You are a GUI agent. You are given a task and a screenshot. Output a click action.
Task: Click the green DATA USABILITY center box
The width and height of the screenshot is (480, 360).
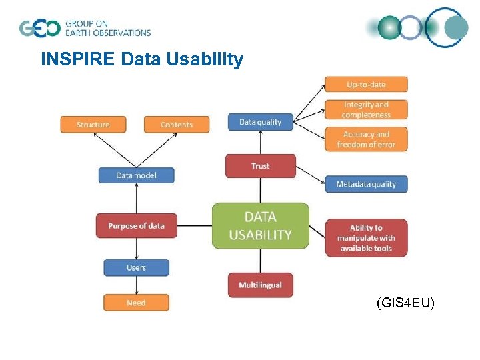coord(260,226)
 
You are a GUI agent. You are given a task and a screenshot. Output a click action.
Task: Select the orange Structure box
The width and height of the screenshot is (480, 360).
coord(93,124)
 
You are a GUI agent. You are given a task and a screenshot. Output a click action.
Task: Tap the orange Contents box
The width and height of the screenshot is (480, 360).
coord(177,124)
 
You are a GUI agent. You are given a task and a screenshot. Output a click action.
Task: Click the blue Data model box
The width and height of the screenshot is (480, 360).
coord(137,175)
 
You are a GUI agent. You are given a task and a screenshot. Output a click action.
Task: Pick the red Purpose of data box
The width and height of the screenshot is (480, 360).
coord(136,225)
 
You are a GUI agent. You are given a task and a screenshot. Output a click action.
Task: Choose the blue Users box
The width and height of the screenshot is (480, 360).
coord(136,267)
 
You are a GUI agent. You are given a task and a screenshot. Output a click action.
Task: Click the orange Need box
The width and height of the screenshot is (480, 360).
coord(136,303)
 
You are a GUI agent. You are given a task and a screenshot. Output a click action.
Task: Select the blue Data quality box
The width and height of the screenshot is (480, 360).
coord(260,122)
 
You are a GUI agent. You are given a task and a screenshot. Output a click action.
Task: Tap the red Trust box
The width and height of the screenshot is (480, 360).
coord(260,165)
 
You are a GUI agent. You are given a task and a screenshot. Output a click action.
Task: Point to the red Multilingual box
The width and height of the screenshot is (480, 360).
coord(260,285)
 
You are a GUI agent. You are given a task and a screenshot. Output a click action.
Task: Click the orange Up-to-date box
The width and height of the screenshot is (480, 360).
coord(366,84)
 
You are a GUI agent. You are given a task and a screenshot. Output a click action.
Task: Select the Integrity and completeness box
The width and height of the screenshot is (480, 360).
coord(366,109)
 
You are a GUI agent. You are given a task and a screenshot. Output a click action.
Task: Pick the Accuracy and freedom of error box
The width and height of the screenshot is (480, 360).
coord(366,139)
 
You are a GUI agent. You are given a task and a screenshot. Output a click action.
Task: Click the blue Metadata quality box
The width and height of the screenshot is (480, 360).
coord(366,184)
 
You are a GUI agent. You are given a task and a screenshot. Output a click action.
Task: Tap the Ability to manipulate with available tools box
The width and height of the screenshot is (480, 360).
coord(366,238)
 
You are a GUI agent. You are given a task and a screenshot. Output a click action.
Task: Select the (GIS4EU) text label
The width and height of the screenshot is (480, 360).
coord(405,303)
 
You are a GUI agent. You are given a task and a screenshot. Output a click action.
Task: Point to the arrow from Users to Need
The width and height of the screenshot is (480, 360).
coord(136,285)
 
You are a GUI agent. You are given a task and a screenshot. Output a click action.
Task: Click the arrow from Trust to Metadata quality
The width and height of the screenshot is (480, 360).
coord(310,175)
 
